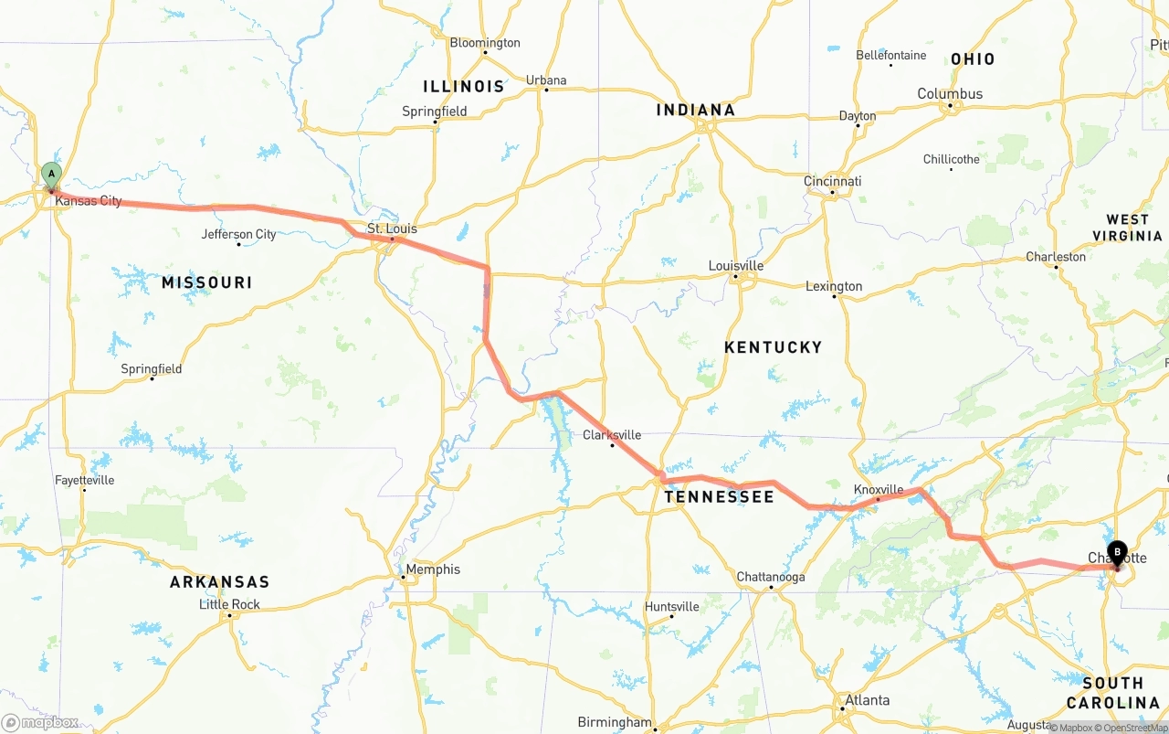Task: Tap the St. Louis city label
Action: coord(392,229)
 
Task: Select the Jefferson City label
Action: coord(238,235)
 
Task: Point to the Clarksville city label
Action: coord(612,435)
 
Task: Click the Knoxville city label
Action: coord(879,490)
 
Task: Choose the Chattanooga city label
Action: coord(771,578)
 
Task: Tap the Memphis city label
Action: coord(433,569)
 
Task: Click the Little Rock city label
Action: coord(229,604)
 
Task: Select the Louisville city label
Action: coord(736,266)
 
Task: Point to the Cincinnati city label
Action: coord(833,181)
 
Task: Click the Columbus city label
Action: coord(950,94)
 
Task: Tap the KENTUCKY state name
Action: coord(773,347)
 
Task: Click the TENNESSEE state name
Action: coord(719,497)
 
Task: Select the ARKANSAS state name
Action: coord(219,582)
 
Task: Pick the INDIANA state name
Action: coord(695,111)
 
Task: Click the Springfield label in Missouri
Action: coord(152,369)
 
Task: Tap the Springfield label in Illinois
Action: coord(435,112)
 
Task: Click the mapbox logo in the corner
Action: coord(40,722)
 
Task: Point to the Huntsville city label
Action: coord(671,607)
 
